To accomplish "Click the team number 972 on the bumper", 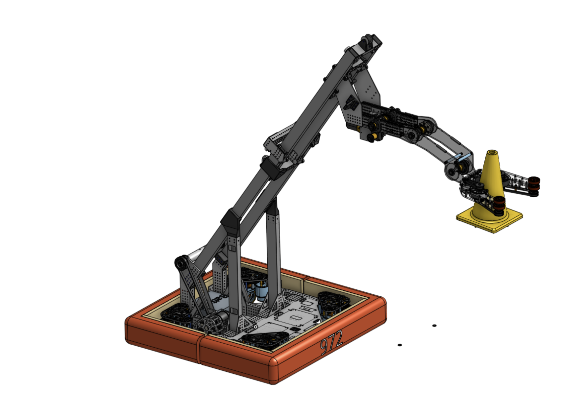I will click(x=331, y=342).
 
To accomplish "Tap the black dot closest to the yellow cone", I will click(x=434, y=326).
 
